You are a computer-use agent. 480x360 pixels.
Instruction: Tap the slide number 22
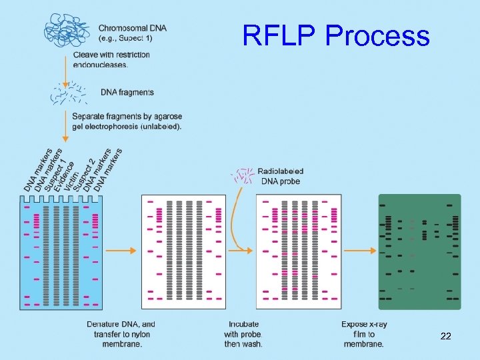click(x=446, y=338)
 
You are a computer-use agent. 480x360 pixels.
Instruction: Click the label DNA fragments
click(x=127, y=93)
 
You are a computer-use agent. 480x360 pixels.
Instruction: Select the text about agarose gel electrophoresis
click(x=127, y=121)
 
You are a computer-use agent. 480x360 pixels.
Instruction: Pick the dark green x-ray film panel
click(x=419, y=252)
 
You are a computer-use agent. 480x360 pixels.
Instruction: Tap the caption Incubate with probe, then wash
click(x=243, y=334)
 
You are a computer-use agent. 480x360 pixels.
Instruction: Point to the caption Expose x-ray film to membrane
click(x=363, y=334)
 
